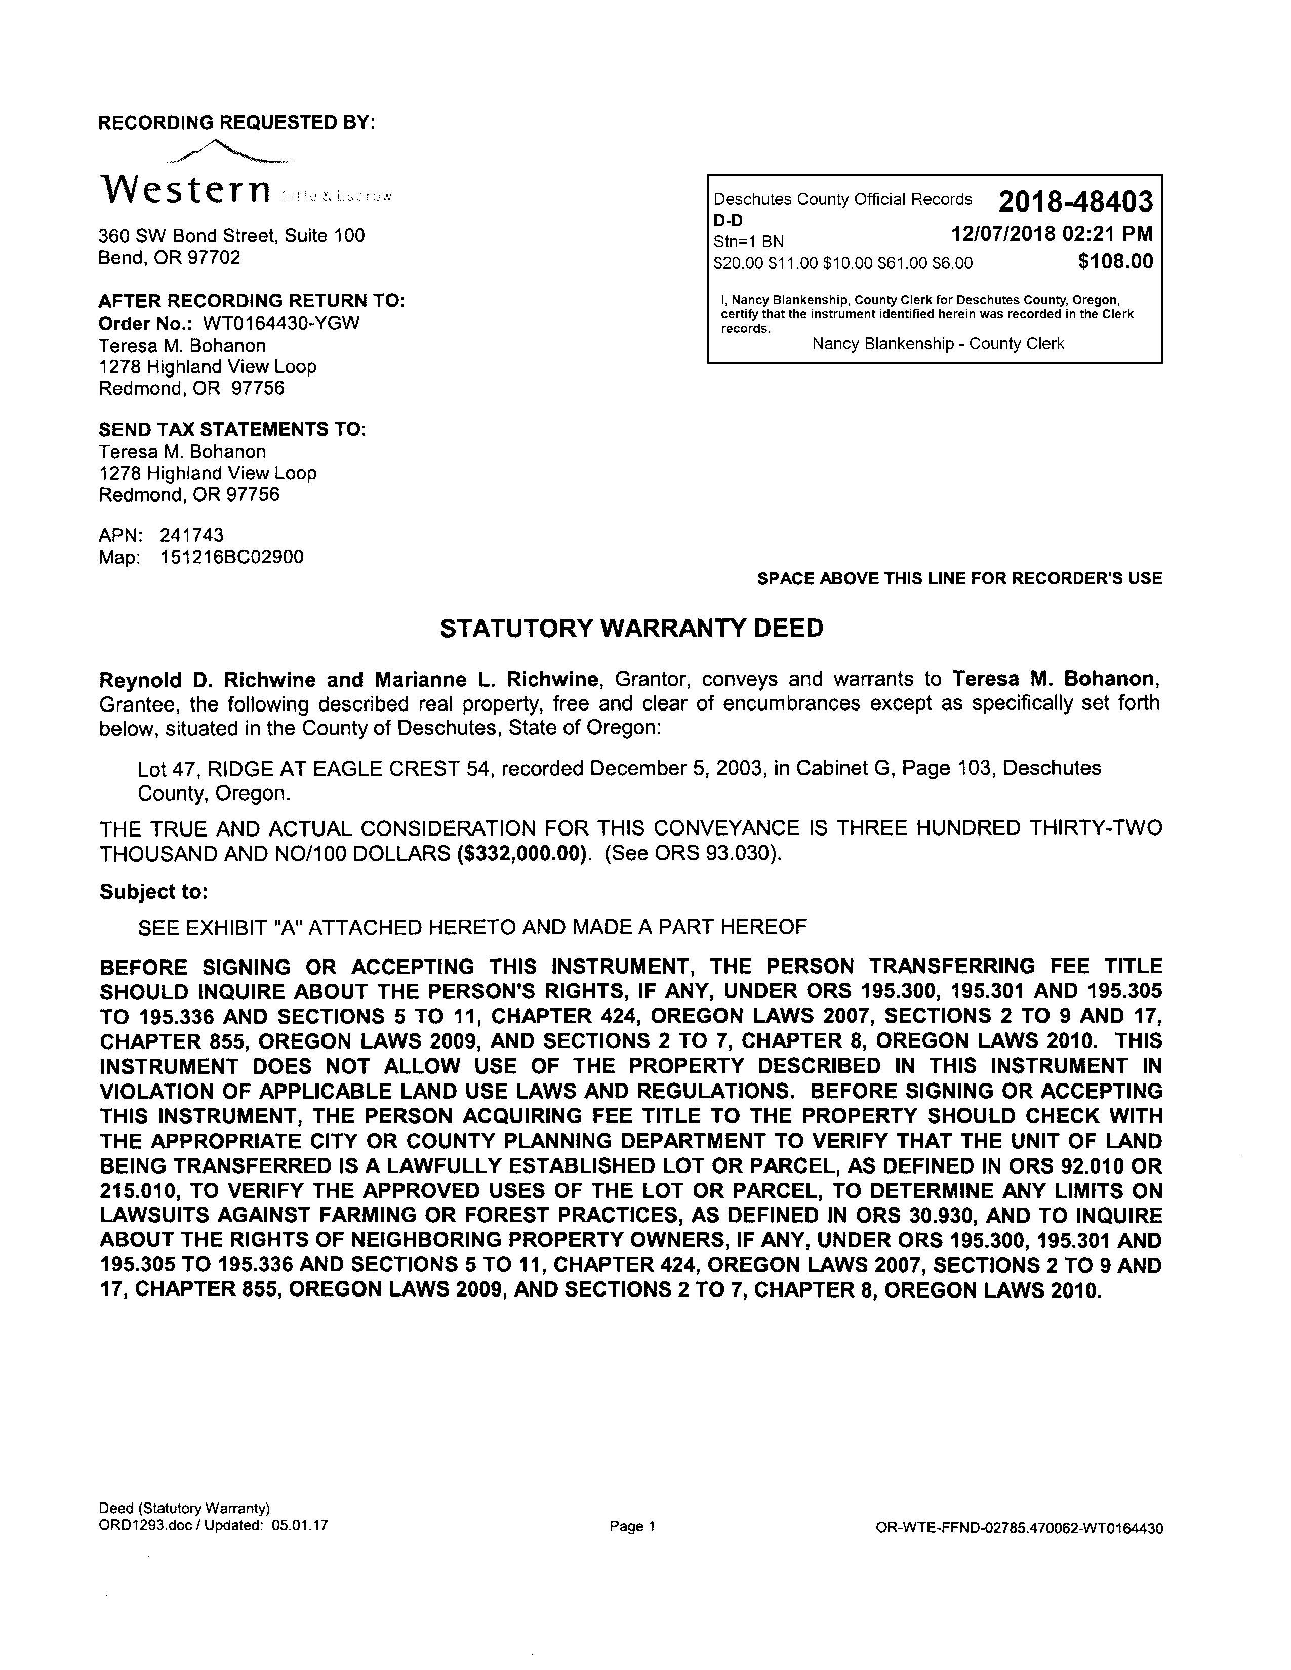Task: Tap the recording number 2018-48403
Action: click(x=1074, y=202)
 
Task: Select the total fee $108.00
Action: click(x=1114, y=262)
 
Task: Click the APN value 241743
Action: click(x=191, y=535)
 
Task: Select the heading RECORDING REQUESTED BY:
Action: click(x=237, y=122)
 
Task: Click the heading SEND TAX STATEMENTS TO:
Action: click(x=232, y=429)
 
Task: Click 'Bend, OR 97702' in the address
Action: click(x=169, y=257)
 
